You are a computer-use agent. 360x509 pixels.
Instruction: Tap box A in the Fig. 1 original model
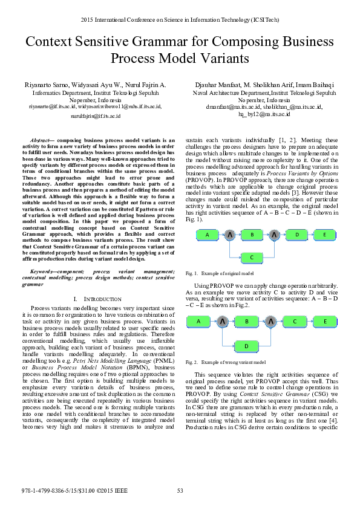click(x=207, y=235)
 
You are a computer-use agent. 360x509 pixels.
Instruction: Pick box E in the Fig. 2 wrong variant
click(x=326, y=322)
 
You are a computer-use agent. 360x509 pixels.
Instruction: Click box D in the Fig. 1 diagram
click(x=297, y=235)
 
